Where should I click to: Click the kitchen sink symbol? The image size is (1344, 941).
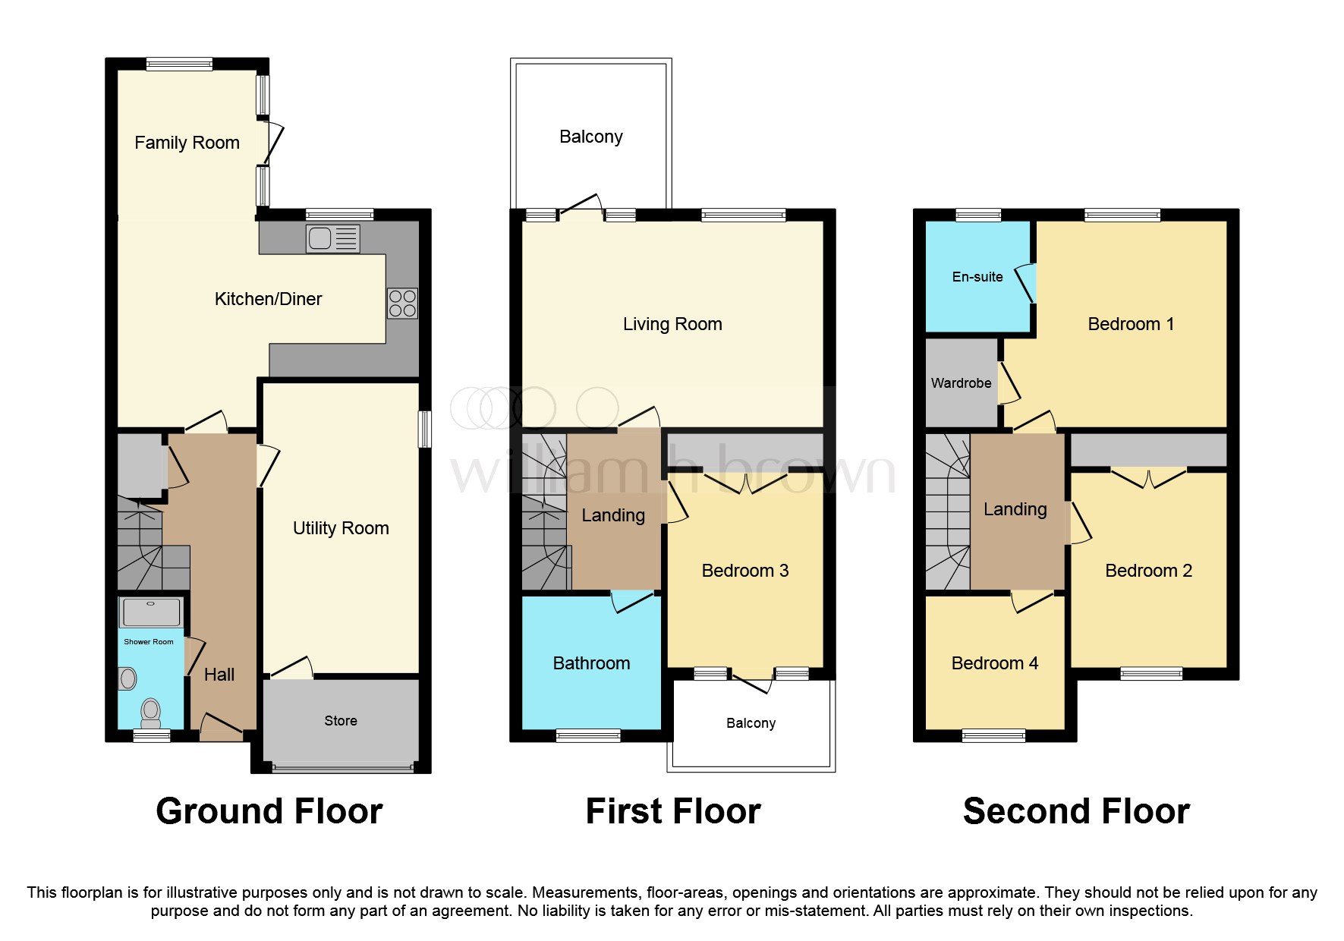pos(332,238)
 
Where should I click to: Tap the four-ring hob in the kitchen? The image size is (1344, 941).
pos(402,304)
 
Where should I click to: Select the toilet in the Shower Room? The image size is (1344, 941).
pos(151,713)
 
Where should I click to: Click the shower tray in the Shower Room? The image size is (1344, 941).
pos(151,612)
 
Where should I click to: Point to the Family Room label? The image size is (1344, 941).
pos(187,143)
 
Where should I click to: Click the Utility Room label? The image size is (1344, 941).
pos(341,528)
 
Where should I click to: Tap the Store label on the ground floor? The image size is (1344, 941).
pos(341,721)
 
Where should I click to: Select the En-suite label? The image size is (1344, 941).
pos(977,277)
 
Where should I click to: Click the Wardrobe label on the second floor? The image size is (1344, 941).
pos(961,383)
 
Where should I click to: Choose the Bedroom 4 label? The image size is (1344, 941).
pos(994,663)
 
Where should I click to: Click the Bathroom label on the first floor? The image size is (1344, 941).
pos(591,663)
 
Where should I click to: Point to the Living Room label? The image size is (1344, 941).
pos(672,324)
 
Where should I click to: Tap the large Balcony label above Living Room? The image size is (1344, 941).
pos(590,137)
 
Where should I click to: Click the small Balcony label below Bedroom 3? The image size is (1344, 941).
pos(751,723)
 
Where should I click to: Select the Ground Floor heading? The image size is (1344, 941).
pos(269,811)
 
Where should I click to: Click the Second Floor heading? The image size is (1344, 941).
pos(1076,811)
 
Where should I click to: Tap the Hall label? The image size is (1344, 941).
pos(219,675)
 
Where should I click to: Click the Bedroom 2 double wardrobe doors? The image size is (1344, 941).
pos(1148,478)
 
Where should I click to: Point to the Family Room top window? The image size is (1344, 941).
pos(179,65)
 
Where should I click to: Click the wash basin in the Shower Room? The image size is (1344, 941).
pos(128,678)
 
